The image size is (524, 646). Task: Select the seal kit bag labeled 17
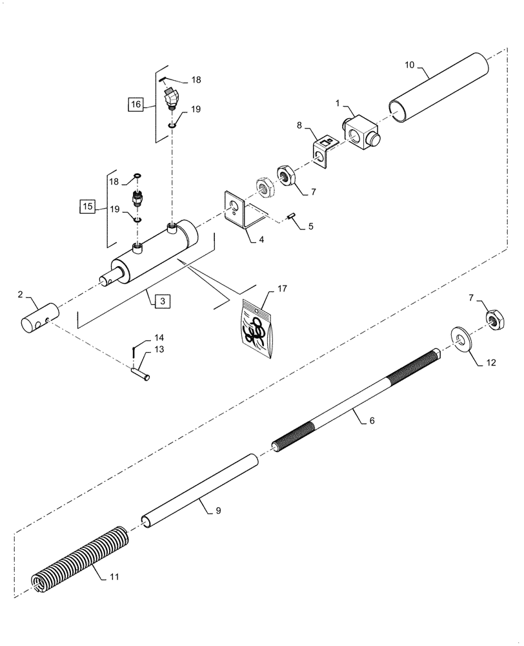[258, 328]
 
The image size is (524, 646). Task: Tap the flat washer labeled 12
[461, 337]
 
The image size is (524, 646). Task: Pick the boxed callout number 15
[86, 207]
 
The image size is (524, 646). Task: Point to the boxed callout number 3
[163, 300]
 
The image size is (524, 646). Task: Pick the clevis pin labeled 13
[140, 372]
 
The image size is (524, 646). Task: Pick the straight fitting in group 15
[137, 197]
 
